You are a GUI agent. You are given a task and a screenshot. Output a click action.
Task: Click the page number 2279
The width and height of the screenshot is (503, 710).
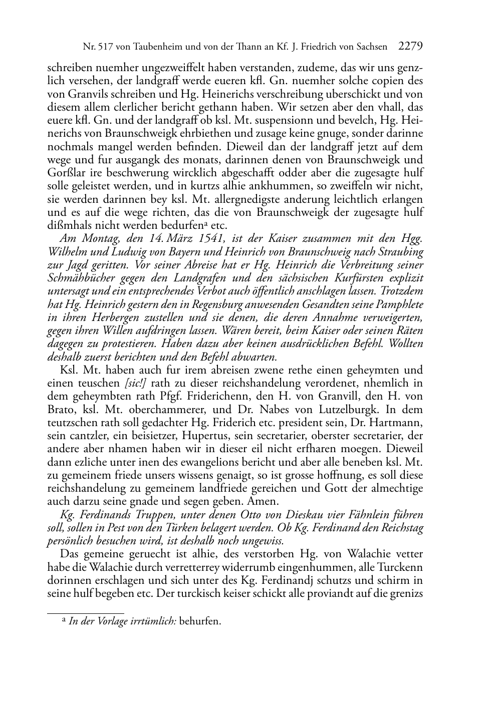(x=410, y=47)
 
